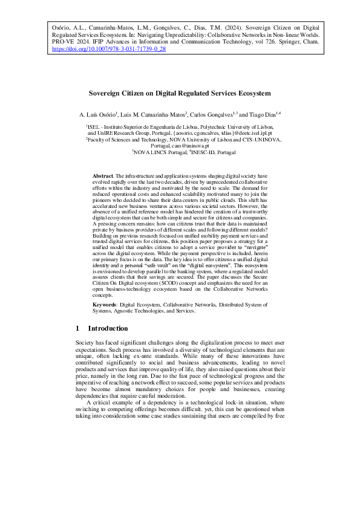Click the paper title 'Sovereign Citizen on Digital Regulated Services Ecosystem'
coord(180,94)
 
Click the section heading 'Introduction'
coord(108,328)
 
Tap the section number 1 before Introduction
coord(77,328)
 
